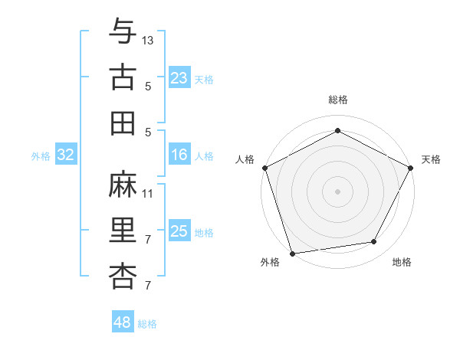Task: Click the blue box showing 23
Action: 179,77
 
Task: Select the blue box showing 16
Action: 179,155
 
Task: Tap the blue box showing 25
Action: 179,231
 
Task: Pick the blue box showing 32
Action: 65,155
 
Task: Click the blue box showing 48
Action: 122,322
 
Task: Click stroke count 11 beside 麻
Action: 148,193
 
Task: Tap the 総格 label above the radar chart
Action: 337,100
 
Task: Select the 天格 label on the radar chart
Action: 431,159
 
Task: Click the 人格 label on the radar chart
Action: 245,159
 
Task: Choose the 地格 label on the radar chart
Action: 402,262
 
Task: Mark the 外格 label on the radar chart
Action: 270,262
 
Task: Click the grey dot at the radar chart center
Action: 337,191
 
